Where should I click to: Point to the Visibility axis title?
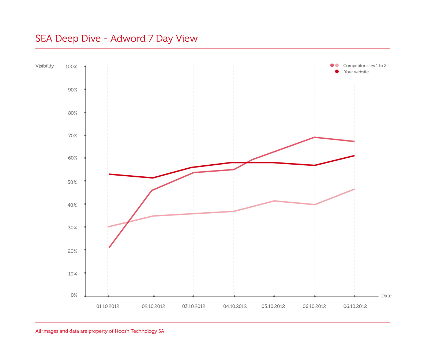click(x=45, y=66)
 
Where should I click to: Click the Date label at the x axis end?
click(x=386, y=296)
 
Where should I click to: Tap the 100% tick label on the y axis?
click(x=71, y=67)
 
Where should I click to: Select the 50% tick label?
click(x=72, y=182)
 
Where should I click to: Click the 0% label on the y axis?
click(x=74, y=295)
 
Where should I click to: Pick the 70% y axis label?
click(x=72, y=136)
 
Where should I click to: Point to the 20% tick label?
click(x=72, y=251)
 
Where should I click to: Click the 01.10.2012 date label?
click(x=108, y=307)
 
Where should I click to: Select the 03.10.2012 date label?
click(x=194, y=307)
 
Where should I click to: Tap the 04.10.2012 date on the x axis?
click(x=235, y=307)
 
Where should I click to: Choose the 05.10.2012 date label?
click(x=273, y=307)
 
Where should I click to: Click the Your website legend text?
click(x=356, y=72)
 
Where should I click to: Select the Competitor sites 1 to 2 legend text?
click(x=365, y=66)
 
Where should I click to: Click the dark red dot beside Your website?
click(x=337, y=71)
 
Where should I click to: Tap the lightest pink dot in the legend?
click(x=337, y=65)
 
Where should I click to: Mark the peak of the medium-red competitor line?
click(x=314, y=137)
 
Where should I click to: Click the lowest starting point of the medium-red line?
click(x=109, y=247)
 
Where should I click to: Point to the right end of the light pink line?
click(x=354, y=189)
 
